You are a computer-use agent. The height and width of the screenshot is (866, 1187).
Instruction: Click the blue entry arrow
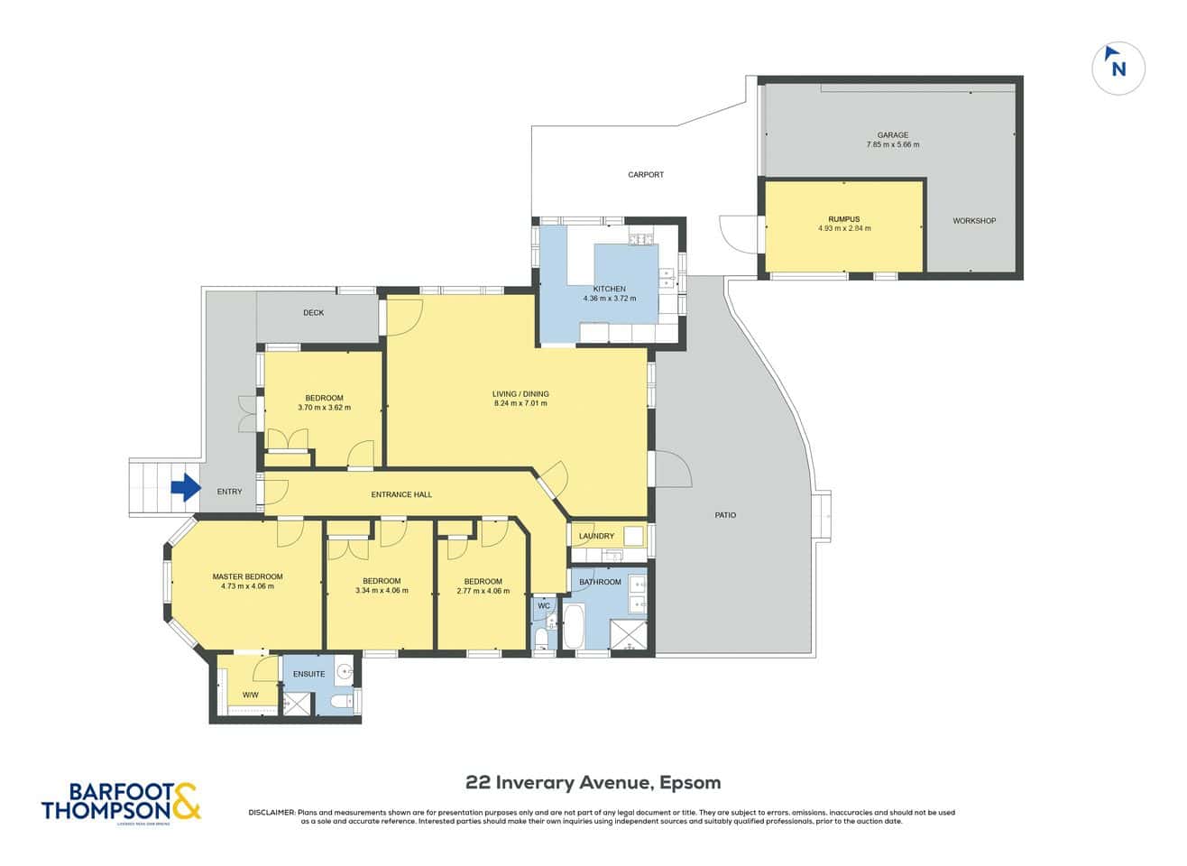[186, 489]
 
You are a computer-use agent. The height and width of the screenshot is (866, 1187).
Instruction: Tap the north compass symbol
[1118, 69]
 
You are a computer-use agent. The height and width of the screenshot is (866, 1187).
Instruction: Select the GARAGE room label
[892, 135]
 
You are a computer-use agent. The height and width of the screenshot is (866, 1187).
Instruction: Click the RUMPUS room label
[843, 219]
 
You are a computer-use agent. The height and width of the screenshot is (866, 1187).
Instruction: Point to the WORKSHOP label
[974, 221]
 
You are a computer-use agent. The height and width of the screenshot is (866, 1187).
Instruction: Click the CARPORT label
[646, 175]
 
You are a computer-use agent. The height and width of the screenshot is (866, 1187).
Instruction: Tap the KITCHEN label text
[609, 289]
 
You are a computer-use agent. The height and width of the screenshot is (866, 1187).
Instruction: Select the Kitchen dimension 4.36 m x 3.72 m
[609, 299]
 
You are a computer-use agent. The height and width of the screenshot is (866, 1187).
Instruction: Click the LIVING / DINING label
[520, 394]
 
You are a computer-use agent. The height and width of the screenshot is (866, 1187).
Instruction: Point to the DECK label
[313, 313]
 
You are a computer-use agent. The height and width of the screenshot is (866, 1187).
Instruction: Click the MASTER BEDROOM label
[247, 577]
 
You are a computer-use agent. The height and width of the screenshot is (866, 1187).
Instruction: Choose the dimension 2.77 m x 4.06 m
[483, 592]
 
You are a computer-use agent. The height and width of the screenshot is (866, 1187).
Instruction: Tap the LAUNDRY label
[596, 536]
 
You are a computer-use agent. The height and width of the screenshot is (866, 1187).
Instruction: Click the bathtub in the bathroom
[575, 627]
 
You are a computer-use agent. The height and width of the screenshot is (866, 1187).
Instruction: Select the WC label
[544, 606]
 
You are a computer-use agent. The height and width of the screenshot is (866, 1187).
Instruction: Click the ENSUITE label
[309, 674]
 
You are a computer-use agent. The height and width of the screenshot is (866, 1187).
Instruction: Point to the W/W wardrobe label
[250, 695]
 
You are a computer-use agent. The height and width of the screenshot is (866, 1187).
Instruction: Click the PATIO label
[725, 515]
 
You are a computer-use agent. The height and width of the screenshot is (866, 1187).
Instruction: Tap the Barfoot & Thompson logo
[121, 800]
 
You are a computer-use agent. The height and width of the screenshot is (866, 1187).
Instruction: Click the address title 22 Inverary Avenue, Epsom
[593, 782]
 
